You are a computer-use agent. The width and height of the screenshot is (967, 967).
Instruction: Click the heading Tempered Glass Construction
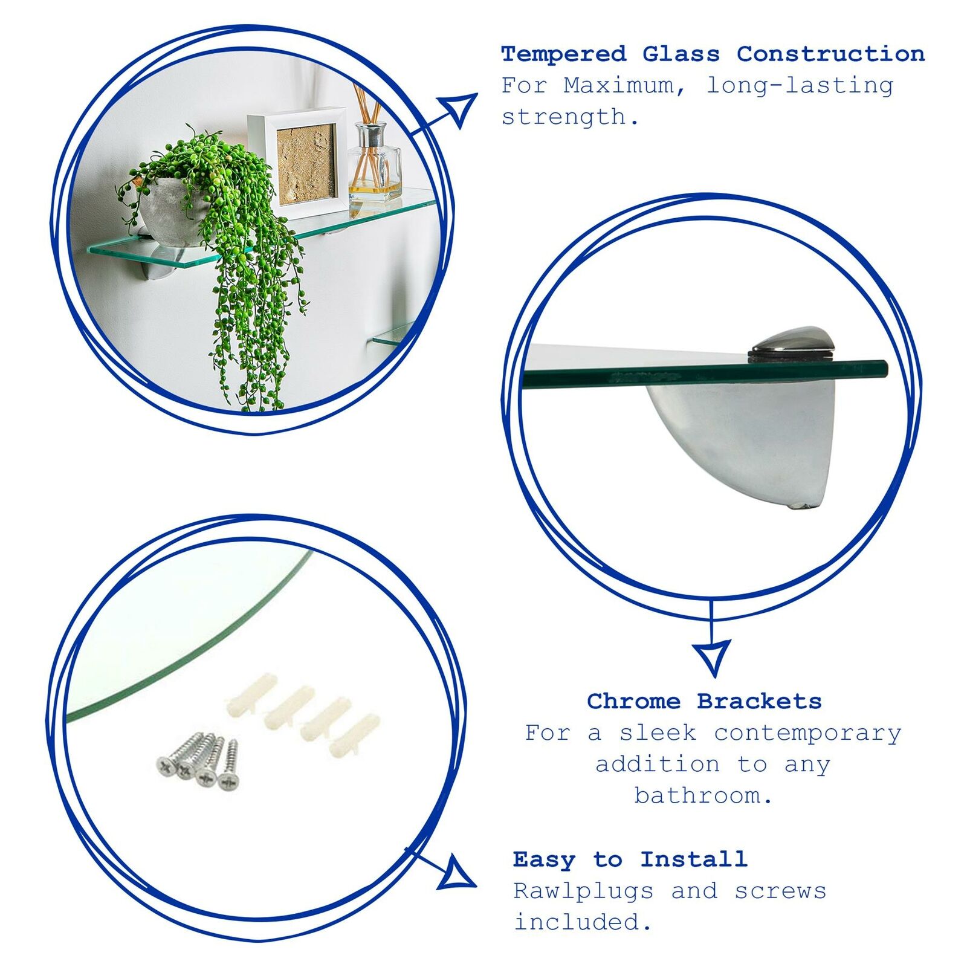click(713, 54)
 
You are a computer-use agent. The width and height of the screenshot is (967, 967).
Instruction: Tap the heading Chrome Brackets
click(704, 701)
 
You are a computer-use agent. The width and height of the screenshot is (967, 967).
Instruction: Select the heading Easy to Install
click(630, 859)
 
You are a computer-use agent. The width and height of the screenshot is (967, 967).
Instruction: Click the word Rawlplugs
click(583, 891)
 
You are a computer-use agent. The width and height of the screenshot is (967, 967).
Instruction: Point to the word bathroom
click(703, 795)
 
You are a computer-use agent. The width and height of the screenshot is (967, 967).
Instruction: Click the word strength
click(570, 117)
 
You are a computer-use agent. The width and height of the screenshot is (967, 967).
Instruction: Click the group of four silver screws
click(198, 762)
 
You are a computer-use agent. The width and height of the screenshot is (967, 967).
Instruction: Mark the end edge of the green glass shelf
click(885, 368)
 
